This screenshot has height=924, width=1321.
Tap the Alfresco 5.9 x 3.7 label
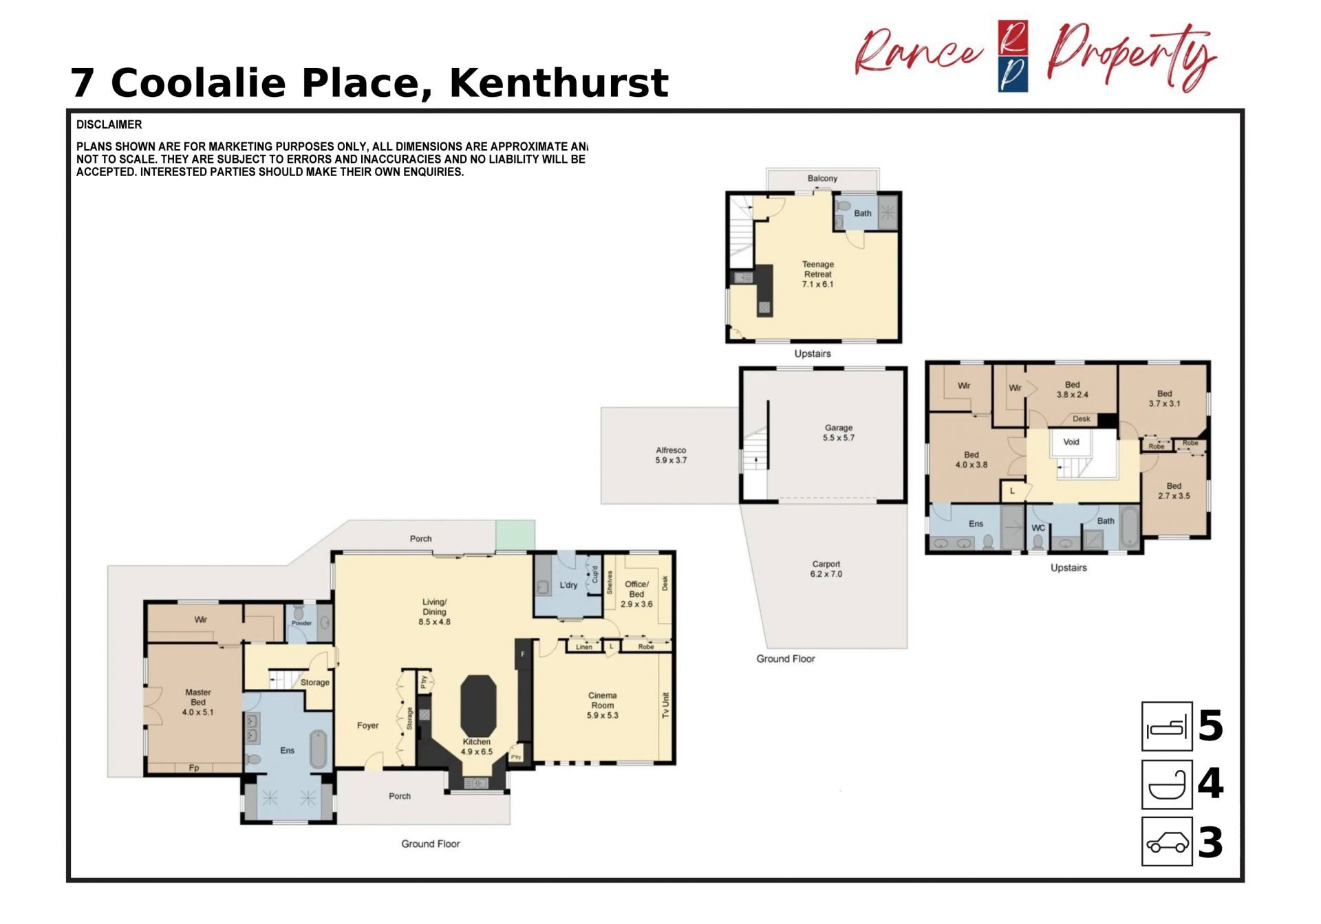[x=671, y=455]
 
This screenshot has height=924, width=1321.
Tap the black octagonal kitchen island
[x=478, y=706]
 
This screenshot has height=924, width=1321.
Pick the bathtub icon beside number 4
[x=1167, y=784]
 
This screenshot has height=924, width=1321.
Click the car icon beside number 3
[x=1167, y=841]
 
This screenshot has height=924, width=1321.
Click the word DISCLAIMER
[x=109, y=124]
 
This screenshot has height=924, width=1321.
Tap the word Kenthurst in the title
[x=559, y=83]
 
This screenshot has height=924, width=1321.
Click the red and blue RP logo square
[x=1013, y=56]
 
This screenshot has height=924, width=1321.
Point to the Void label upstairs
[x=1071, y=441]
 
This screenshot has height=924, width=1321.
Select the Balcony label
[x=822, y=178]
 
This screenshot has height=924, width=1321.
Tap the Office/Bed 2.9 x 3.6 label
[x=636, y=594]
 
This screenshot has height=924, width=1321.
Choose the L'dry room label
[x=568, y=585]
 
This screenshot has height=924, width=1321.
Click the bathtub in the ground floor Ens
[x=318, y=749]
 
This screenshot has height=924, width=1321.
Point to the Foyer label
[x=367, y=725]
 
